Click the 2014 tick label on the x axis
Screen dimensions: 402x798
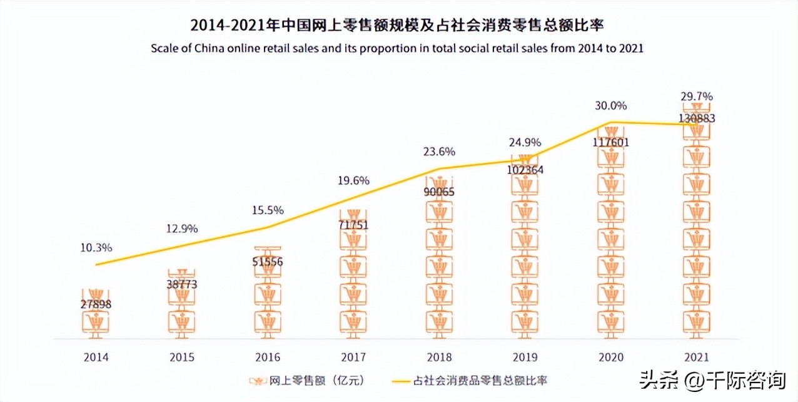[x=96, y=358]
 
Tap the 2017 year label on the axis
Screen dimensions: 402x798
[x=353, y=358]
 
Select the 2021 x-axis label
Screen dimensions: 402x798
[x=697, y=358]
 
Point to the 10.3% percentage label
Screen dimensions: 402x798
[x=96, y=247]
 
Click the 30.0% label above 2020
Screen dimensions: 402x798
[x=611, y=105]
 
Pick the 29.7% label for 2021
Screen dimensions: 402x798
[x=697, y=96]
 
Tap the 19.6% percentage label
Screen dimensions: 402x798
[x=353, y=180]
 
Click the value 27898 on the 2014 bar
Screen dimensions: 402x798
[x=96, y=304]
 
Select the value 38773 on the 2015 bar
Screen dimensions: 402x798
[x=181, y=284]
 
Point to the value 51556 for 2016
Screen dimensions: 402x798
[x=267, y=262]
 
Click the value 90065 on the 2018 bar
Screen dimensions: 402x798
[x=439, y=192]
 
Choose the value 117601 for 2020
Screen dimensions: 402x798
[x=611, y=143]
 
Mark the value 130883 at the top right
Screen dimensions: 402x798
[x=697, y=118]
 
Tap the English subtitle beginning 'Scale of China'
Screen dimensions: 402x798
[x=398, y=48]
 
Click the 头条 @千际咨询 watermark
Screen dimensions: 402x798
[x=712, y=379]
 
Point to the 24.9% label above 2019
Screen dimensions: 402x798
[x=525, y=142]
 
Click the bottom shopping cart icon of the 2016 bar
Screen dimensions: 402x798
[x=267, y=322]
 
